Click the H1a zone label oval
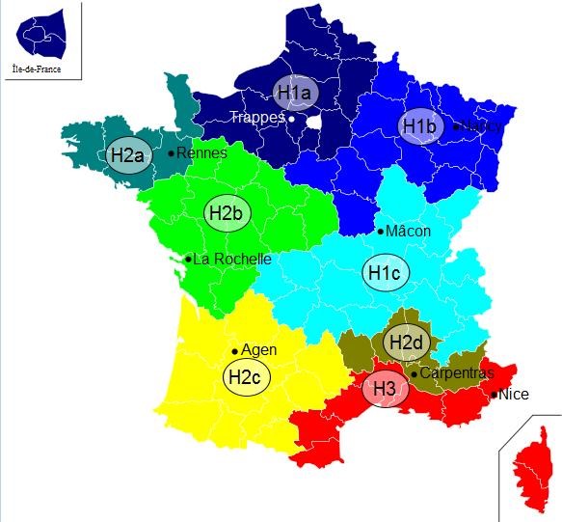point(294,93)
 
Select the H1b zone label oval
point(419,126)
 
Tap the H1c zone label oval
point(384,274)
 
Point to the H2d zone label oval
point(404,341)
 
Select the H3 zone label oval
point(385,390)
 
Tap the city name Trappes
point(257,118)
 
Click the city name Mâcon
point(408,232)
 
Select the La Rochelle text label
point(231,259)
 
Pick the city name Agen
point(258,349)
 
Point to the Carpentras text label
point(457,373)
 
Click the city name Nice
point(515,394)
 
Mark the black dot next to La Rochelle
point(188,259)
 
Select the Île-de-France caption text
point(39,69)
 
